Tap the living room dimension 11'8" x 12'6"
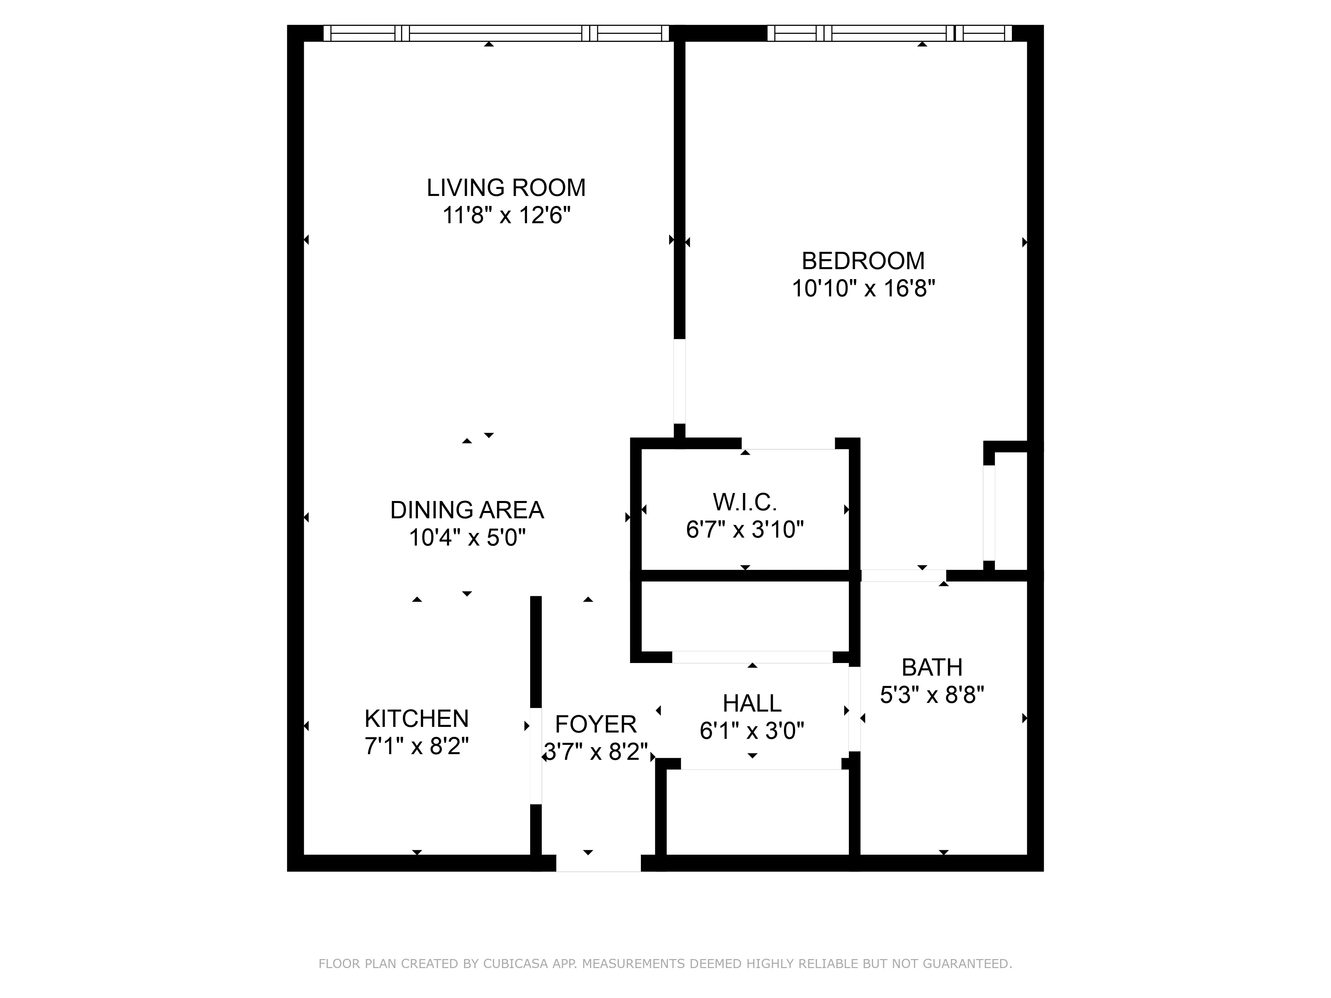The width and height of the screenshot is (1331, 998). tap(506, 215)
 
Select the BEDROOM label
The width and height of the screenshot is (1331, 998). tap(863, 261)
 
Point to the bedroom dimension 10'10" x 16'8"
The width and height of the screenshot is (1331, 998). tap(863, 289)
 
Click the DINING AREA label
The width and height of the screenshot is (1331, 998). tap(467, 510)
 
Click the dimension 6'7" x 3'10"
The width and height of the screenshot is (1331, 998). tap(745, 529)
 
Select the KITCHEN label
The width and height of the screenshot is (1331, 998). tap(416, 719)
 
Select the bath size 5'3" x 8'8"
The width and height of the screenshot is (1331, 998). tap(931, 695)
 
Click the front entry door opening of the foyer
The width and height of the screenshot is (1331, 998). tap(598, 863)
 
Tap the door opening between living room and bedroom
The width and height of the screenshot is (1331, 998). tap(679, 381)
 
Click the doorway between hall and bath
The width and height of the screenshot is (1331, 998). tap(855, 709)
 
